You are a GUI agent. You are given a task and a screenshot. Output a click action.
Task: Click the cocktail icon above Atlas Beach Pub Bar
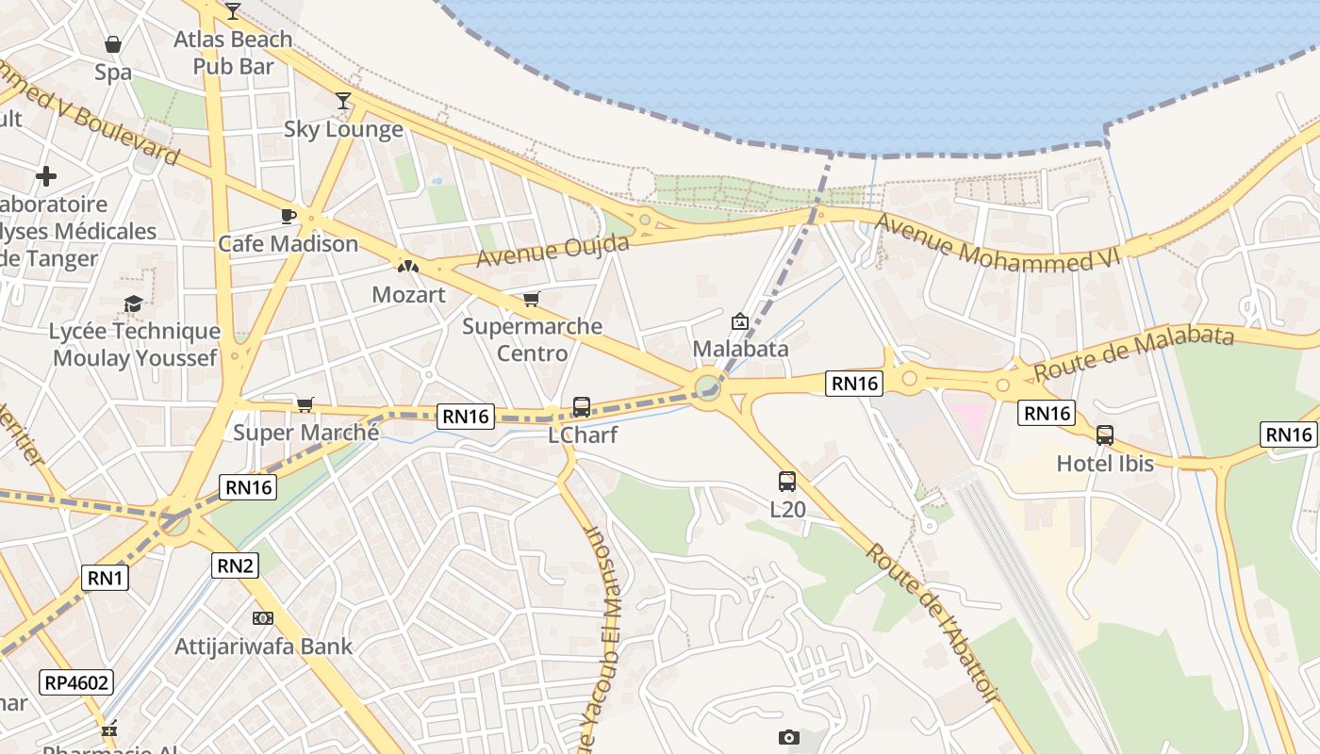[233, 10]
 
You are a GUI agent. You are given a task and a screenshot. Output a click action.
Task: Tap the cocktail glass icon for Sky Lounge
[343, 100]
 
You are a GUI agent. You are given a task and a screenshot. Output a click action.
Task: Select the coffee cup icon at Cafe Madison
[289, 216]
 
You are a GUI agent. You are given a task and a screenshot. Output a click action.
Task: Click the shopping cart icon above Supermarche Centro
[532, 299]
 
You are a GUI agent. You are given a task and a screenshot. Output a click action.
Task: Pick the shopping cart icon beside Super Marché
[305, 404]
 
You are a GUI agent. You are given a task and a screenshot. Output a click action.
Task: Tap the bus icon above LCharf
[582, 407]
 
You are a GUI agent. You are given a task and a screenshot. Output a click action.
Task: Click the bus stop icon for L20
[787, 482]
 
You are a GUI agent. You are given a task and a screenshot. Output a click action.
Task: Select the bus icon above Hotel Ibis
[1104, 435]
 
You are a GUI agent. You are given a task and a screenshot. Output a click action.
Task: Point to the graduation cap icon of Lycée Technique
[134, 303]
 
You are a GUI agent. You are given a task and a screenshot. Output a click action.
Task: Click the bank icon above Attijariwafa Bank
[263, 618]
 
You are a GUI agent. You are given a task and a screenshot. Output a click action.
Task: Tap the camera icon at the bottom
[789, 738]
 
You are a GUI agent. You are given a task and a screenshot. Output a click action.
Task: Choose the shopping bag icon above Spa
[112, 44]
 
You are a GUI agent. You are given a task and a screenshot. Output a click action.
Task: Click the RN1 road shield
[105, 578]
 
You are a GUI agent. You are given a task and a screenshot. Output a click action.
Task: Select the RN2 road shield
[235, 565]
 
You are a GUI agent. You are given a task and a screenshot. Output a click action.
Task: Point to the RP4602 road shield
[76, 682]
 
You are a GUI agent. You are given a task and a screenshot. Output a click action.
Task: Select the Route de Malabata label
[1133, 353]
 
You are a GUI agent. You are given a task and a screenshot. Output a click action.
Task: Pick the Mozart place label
[408, 294]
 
